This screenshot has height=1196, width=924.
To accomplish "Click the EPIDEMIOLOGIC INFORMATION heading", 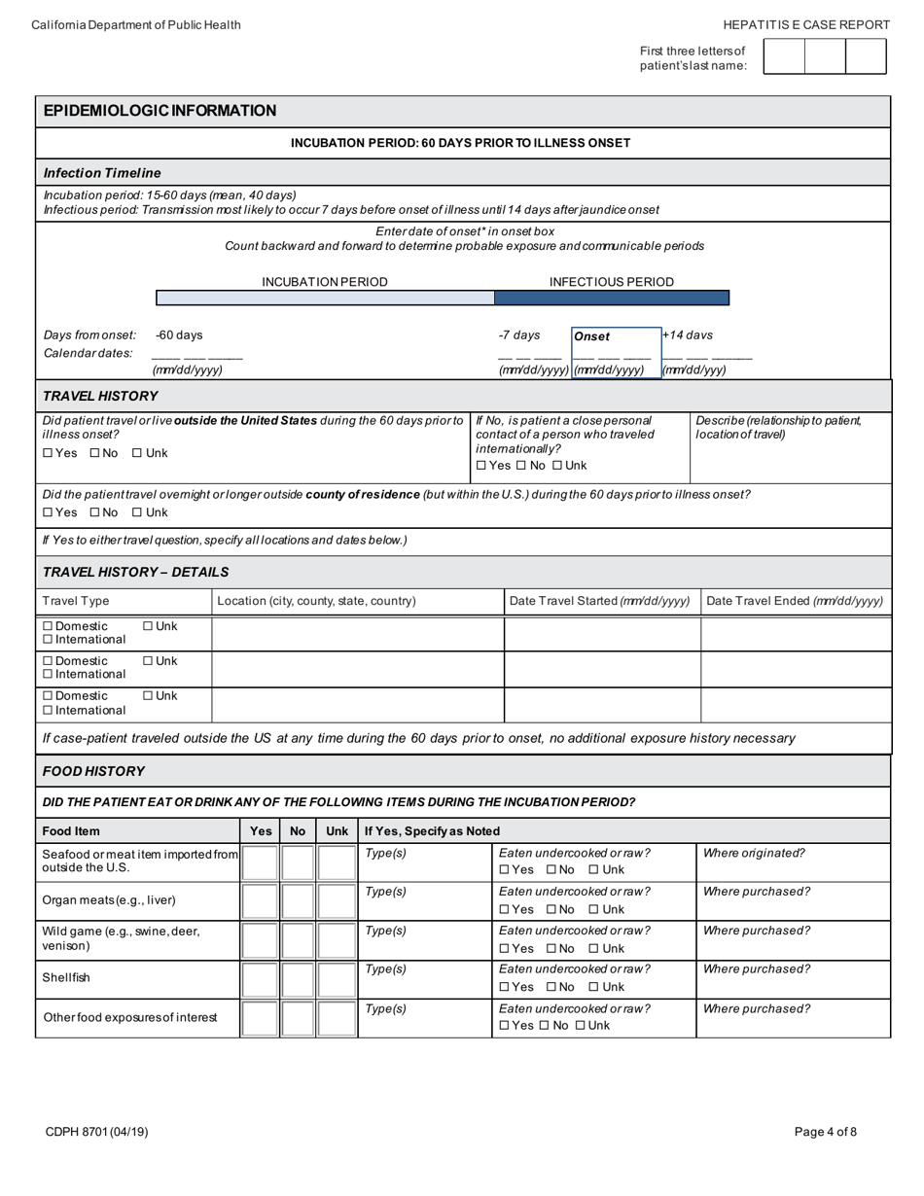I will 160,111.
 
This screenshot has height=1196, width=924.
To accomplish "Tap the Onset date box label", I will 592,336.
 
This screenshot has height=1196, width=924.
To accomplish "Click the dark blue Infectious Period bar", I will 611,298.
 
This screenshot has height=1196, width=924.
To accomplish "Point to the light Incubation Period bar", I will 325,298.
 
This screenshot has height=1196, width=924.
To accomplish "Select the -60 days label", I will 179,335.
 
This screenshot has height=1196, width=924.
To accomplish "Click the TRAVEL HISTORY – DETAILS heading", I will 136,572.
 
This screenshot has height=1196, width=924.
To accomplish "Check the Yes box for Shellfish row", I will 260,979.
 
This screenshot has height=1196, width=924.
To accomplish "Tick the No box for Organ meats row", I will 298,901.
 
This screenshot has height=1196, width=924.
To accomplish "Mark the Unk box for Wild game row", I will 337,940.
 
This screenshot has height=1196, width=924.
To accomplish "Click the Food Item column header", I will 71,831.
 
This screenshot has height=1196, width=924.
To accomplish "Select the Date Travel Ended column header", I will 794,601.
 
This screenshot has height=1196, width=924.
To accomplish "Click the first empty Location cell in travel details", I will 357,634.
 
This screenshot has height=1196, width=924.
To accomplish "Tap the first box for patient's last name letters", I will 784,56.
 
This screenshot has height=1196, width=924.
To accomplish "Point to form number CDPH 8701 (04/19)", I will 96,1132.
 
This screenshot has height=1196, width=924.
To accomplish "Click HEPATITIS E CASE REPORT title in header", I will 806,25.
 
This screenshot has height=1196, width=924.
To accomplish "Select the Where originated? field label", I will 753,854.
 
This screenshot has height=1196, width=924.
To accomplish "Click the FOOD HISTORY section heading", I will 93,771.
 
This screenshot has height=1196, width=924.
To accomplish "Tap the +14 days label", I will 688,335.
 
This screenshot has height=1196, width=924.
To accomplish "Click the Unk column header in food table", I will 337,831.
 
